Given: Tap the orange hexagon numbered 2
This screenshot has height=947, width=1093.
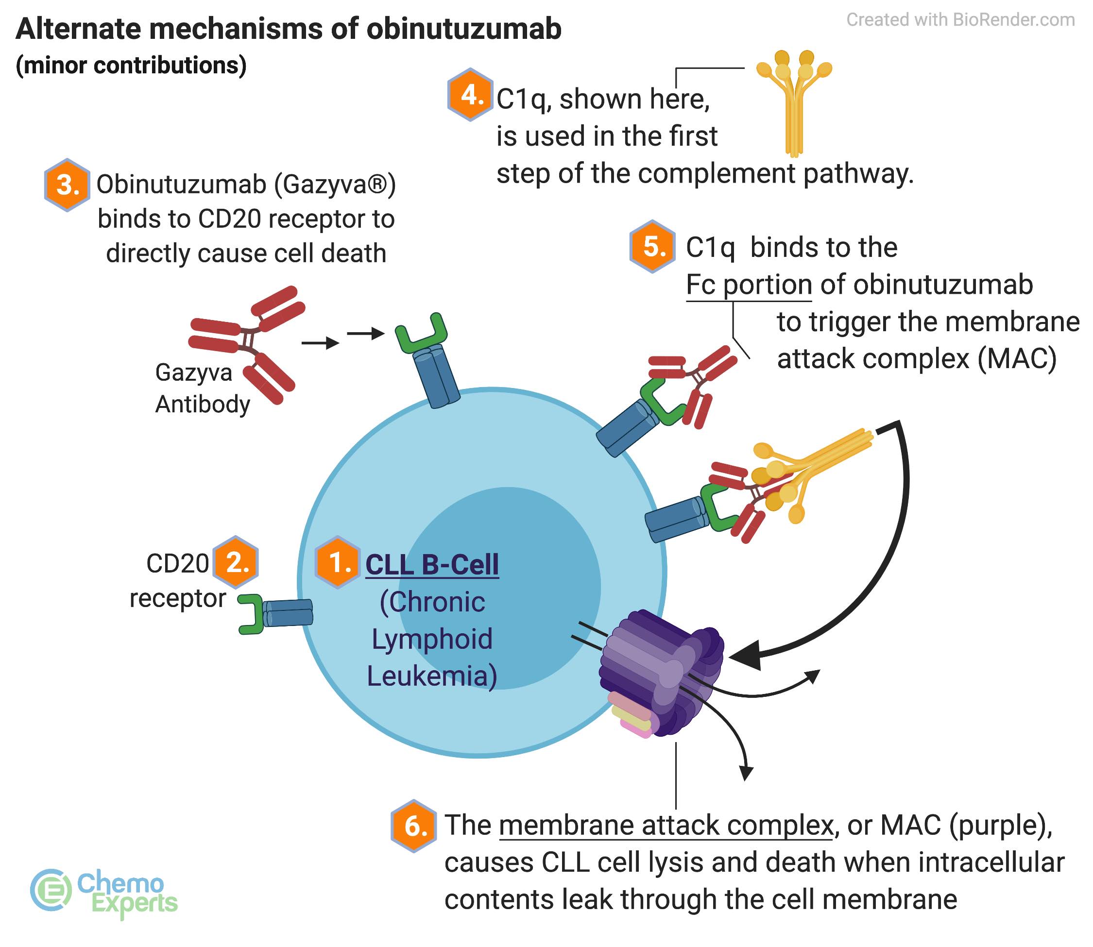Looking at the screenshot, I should pos(236,562).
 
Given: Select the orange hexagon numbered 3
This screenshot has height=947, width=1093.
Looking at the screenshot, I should pos(67,185).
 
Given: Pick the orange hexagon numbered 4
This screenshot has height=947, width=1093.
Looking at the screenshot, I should pos(470,95).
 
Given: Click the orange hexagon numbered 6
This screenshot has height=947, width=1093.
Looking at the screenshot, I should pos(414,826).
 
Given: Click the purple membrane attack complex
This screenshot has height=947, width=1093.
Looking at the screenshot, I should pos(661,671).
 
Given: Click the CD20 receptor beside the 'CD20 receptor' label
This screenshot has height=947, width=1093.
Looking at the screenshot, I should pos(275,613).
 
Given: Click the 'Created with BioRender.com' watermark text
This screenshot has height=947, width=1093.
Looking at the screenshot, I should pos(960,20).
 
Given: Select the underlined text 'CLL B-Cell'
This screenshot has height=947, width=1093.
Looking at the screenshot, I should pos(432,564).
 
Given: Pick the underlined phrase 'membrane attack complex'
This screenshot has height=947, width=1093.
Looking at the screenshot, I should pos(666,826).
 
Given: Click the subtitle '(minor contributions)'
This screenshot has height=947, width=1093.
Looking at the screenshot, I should pos(131,66).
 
